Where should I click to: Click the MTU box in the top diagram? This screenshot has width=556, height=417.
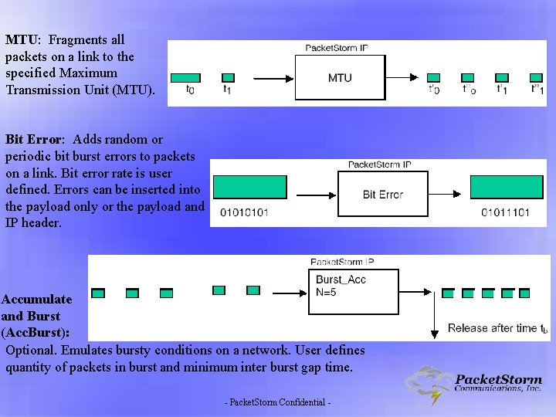(340, 77)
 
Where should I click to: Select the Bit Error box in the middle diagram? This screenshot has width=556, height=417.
(383, 195)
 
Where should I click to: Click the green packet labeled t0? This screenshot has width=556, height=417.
(185, 77)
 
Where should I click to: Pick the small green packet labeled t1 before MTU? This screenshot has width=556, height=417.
(227, 77)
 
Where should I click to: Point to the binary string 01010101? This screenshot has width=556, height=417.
(244, 212)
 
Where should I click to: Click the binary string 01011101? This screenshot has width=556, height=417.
(506, 212)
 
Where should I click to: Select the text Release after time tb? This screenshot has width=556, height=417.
(498, 328)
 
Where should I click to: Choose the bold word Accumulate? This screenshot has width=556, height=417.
(37, 299)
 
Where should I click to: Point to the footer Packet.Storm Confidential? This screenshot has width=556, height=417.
(278, 403)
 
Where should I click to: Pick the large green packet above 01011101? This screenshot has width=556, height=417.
(505, 188)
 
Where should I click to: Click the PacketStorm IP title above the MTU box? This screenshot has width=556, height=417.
(337, 48)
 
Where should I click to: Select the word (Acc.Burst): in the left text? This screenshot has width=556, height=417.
(36, 332)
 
